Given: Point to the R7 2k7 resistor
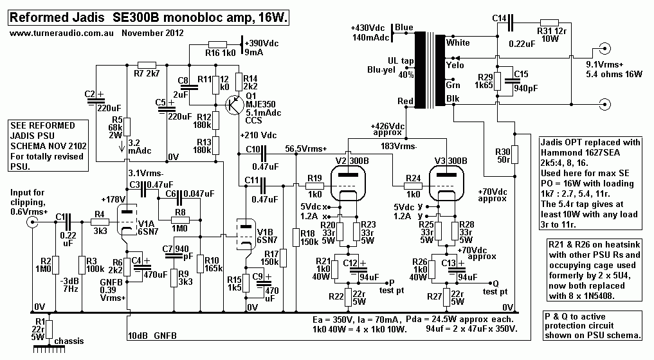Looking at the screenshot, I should coord(147,65).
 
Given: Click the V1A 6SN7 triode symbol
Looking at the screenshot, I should coord(127,218).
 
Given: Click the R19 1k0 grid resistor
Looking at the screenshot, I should coord(314,186).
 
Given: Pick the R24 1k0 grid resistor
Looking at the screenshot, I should coord(413,186).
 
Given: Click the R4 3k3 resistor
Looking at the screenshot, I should coord(100,222).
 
